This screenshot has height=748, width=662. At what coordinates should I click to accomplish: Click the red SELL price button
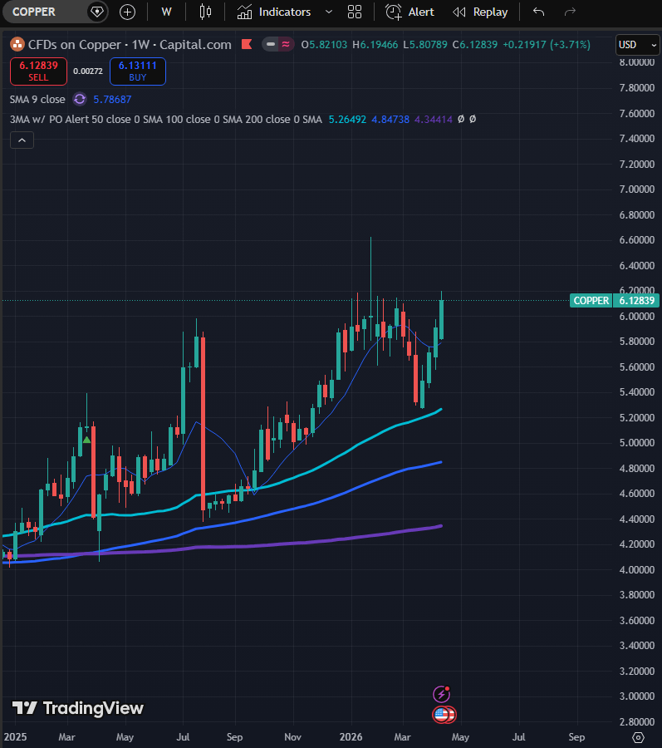click(x=38, y=71)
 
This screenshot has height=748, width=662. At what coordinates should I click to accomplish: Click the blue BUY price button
click(x=137, y=71)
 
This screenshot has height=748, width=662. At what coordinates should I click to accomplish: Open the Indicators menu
click(x=274, y=12)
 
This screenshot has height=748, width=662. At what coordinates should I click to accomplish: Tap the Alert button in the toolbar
click(x=410, y=12)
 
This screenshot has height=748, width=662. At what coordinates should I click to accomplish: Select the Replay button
click(x=480, y=12)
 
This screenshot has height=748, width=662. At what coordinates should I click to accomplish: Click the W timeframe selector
click(x=166, y=12)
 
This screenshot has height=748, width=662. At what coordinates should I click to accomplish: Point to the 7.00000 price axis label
click(x=634, y=189)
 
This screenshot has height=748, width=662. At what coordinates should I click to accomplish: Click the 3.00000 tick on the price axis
click(x=634, y=696)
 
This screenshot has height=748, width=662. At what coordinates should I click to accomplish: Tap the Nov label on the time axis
click(x=293, y=736)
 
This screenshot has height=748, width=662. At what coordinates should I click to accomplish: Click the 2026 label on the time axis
click(x=351, y=736)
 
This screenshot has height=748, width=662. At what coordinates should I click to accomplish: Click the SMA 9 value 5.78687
click(x=112, y=99)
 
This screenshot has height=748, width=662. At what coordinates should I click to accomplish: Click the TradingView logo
click(x=78, y=708)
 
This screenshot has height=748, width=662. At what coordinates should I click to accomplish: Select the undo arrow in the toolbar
click(x=539, y=12)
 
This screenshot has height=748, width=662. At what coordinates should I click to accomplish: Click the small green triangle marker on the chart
click(x=86, y=438)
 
